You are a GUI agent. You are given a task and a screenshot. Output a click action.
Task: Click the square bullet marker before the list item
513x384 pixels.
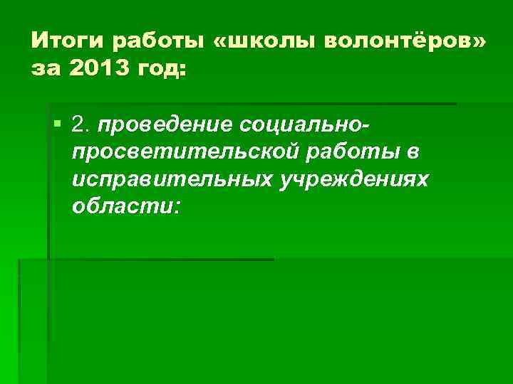click(57, 126)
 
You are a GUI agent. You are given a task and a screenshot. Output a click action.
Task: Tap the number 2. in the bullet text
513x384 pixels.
click(81, 126)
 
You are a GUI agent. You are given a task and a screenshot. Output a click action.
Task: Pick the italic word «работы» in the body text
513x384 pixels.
click(348, 153)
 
